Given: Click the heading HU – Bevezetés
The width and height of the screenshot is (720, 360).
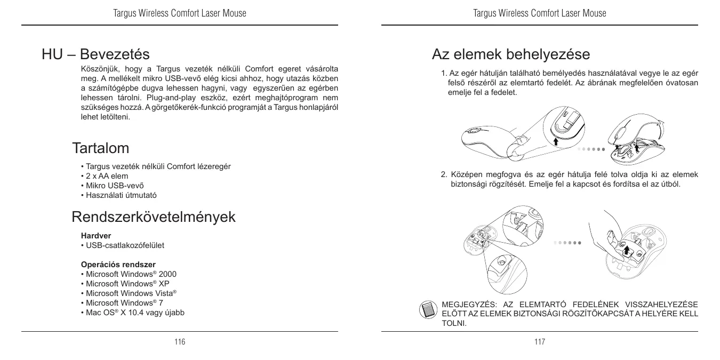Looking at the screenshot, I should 95,54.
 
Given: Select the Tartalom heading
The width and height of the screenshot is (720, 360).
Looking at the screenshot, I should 100,147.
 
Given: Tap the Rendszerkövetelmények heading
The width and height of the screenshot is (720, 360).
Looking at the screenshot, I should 154,217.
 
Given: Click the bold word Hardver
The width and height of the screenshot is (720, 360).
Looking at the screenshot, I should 92,235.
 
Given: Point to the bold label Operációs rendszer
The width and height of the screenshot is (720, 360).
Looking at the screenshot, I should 118,264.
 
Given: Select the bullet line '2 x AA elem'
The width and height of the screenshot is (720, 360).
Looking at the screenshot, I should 105,176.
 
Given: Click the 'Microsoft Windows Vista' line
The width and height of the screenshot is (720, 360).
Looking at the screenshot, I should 129,293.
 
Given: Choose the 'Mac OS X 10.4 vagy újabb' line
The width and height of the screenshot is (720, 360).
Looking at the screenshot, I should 133,313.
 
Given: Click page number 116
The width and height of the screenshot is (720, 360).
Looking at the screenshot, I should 180,342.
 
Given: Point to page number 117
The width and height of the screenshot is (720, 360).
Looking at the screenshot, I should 540,342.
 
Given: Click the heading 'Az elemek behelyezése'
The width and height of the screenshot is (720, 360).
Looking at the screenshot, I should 510,54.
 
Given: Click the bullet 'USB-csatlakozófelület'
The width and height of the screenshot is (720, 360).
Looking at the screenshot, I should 123,245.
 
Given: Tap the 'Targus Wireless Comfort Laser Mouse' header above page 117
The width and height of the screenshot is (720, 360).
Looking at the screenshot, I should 540,13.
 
